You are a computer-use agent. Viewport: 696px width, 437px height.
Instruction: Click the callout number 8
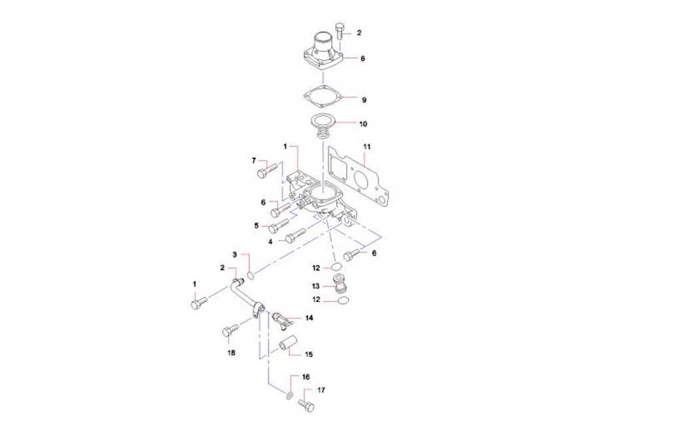point(363,58)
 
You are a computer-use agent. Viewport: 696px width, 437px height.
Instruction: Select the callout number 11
point(367,147)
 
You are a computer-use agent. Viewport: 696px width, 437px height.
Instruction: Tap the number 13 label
point(315,286)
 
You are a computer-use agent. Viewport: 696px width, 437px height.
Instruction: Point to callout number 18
point(231,353)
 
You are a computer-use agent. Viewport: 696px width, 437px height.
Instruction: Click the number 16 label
point(306,377)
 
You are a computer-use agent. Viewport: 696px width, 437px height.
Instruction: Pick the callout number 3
point(235,254)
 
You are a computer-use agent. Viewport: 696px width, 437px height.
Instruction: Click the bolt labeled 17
point(306,405)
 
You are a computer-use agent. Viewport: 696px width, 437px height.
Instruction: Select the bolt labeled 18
point(230,330)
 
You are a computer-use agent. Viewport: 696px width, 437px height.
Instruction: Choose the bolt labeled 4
point(295,236)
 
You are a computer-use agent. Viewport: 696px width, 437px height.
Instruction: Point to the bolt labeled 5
point(279,225)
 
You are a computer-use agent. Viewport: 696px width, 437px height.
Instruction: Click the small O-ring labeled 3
point(251,276)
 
